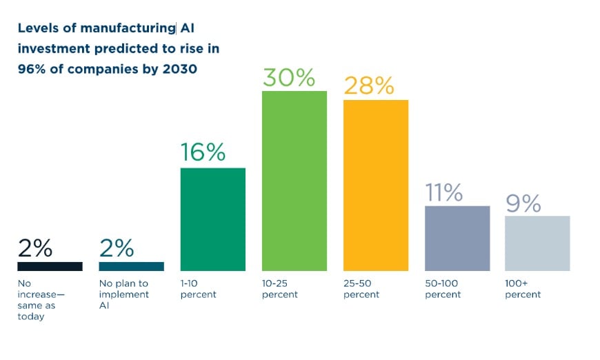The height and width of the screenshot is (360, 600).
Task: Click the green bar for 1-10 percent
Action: click(x=212, y=219)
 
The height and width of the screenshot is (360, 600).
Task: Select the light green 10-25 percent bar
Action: click(x=294, y=180)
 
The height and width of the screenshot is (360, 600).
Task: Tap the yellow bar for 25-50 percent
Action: click(x=375, y=185)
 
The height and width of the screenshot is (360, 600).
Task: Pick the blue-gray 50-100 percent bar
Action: click(x=457, y=238)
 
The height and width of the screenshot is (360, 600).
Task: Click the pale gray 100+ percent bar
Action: click(x=537, y=243)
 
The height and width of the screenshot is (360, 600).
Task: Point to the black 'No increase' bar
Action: click(x=50, y=266)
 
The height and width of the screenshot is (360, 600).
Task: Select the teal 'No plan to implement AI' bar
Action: click(x=131, y=266)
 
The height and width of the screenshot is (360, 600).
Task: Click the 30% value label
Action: click(x=288, y=78)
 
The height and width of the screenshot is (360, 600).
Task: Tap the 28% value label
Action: click(x=369, y=86)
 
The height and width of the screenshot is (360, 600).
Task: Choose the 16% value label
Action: click(x=203, y=152)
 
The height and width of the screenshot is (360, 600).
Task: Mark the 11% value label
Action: click(x=443, y=193)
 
